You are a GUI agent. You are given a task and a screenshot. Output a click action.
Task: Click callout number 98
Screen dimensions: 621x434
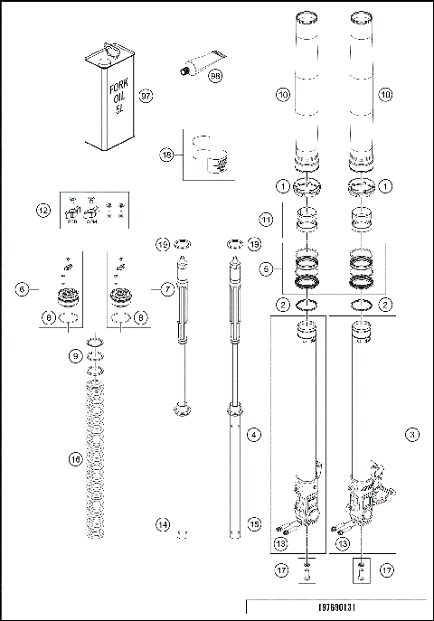point(215,78)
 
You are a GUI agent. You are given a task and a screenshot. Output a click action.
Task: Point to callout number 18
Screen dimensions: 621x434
point(166,155)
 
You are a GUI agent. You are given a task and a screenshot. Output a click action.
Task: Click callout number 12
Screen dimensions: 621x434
point(43,210)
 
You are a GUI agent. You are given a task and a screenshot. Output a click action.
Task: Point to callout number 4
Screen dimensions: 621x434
point(254,436)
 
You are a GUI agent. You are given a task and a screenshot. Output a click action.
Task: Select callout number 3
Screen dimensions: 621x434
point(412,436)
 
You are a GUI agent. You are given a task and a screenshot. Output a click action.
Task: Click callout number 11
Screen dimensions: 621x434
point(265,220)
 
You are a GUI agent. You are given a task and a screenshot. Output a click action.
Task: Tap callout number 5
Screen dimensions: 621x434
point(265,268)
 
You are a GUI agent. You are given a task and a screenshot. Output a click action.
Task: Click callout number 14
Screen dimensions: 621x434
point(164,524)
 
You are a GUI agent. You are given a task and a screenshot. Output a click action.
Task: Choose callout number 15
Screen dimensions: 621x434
point(254,524)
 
